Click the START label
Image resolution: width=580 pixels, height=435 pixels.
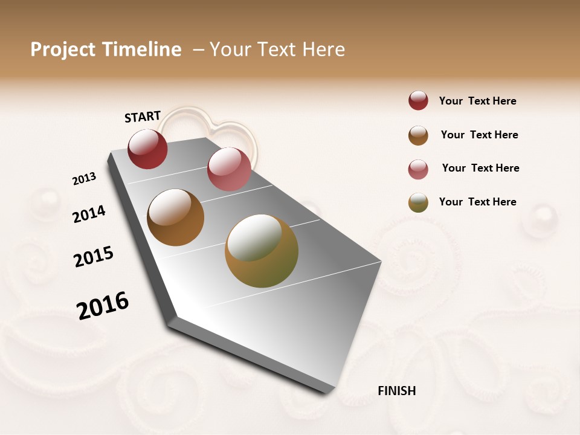[143, 117]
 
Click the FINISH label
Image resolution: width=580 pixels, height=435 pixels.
[396, 391]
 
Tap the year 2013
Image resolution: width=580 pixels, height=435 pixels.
[84, 179]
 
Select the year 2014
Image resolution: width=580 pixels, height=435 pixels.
[89, 214]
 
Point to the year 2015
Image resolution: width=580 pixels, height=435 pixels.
[94, 257]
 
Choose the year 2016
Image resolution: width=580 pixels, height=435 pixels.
[103, 306]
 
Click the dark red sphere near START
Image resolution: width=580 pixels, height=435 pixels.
[147, 149]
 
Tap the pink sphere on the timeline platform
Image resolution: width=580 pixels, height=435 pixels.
[229, 169]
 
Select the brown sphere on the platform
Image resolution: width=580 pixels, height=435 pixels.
[175, 217]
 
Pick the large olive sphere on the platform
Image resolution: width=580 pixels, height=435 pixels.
[262, 251]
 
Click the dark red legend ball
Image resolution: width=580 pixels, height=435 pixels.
[418, 101]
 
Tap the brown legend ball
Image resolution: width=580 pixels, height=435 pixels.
[418, 135]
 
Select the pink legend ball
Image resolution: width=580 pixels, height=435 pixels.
[418, 169]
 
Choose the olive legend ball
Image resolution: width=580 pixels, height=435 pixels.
[418, 202]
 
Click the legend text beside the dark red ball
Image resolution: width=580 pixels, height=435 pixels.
[477, 101]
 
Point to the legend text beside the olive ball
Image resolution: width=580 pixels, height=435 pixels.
[477, 202]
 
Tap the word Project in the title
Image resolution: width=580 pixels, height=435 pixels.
[62, 50]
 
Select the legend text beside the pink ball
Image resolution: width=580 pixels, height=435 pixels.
[480, 168]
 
